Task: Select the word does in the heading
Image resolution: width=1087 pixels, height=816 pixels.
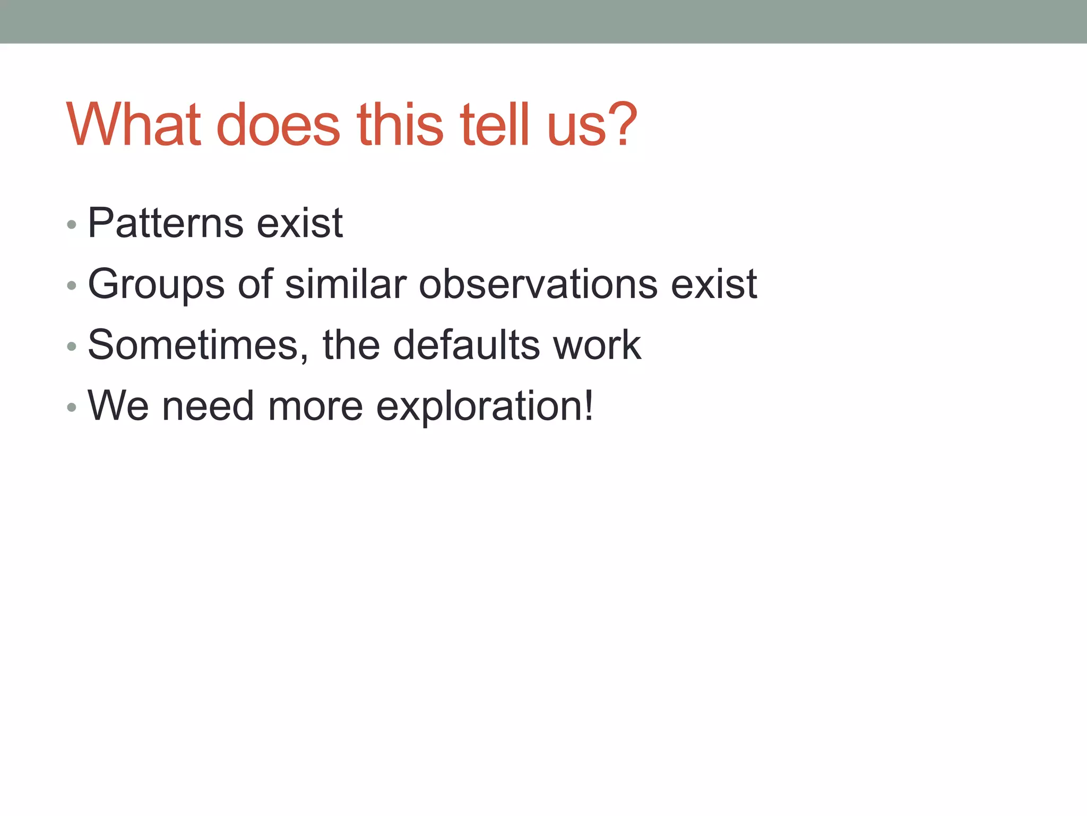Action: (x=278, y=125)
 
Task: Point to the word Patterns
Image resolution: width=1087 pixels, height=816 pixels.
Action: (x=166, y=223)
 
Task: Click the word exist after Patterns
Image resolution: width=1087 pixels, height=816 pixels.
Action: (x=300, y=223)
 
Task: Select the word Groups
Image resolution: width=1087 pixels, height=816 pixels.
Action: (x=156, y=285)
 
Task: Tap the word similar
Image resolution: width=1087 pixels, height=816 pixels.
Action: (x=346, y=284)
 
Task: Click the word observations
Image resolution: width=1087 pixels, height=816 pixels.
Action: (x=538, y=284)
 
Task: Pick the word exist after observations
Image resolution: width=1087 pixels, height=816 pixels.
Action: (x=714, y=284)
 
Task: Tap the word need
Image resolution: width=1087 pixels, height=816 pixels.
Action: (x=208, y=406)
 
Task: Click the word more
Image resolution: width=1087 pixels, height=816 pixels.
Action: (x=315, y=406)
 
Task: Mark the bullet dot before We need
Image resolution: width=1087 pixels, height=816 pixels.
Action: (x=72, y=408)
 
